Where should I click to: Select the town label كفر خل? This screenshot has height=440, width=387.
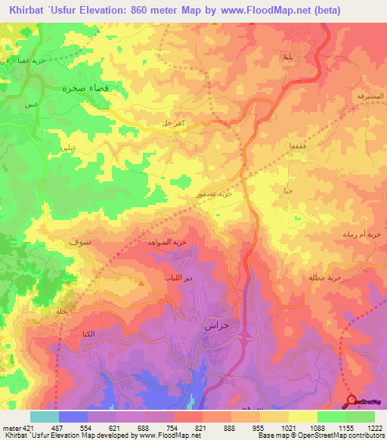[x=188, y=123]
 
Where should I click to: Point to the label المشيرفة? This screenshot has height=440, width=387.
[x=370, y=97]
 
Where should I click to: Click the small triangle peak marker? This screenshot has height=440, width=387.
[x=141, y=283]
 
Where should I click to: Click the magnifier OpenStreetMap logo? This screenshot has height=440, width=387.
[x=351, y=401]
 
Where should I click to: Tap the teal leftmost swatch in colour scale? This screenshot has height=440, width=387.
[x=45, y=417]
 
